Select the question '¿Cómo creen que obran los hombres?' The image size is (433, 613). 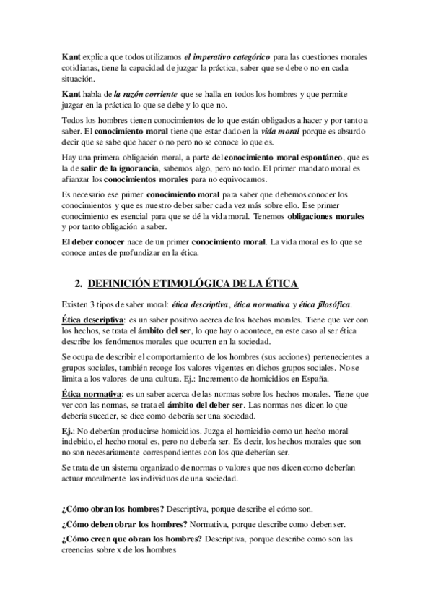[132, 539]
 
